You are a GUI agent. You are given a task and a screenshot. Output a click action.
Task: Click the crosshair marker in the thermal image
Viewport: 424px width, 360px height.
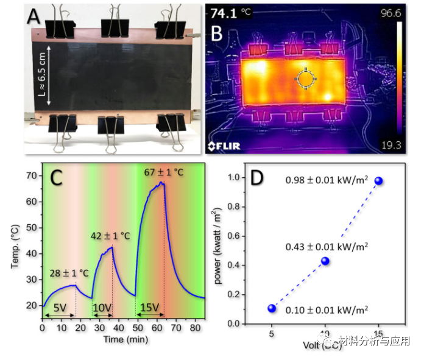[306, 77]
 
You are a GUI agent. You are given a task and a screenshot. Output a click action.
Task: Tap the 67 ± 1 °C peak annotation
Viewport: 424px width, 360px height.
[163, 172]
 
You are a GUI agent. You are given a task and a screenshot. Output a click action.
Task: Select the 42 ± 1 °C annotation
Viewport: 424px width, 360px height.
[111, 235]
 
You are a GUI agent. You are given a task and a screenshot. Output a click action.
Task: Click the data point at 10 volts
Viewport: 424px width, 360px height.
[325, 261]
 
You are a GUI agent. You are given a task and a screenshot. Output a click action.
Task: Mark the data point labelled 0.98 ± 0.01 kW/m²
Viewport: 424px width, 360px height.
[378, 181]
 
